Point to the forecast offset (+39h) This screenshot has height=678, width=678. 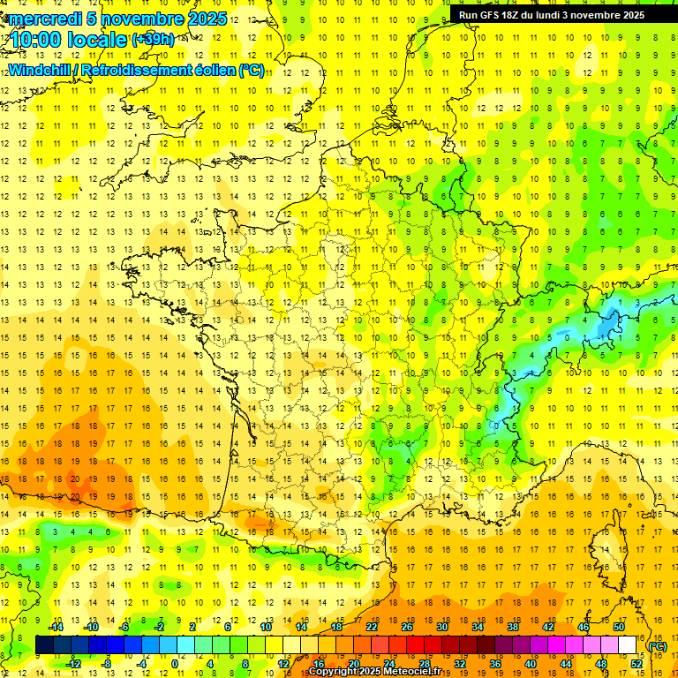click(x=153, y=40)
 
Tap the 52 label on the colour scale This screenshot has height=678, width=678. click(x=637, y=664)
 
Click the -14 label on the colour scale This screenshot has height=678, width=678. click(x=56, y=627)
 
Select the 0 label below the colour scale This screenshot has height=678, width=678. click(x=174, y=664)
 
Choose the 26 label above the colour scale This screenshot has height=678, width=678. click(x=407, y=627)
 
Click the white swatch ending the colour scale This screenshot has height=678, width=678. click(x=628, y=645)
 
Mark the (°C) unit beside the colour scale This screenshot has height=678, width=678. click(x=658, y=647)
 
